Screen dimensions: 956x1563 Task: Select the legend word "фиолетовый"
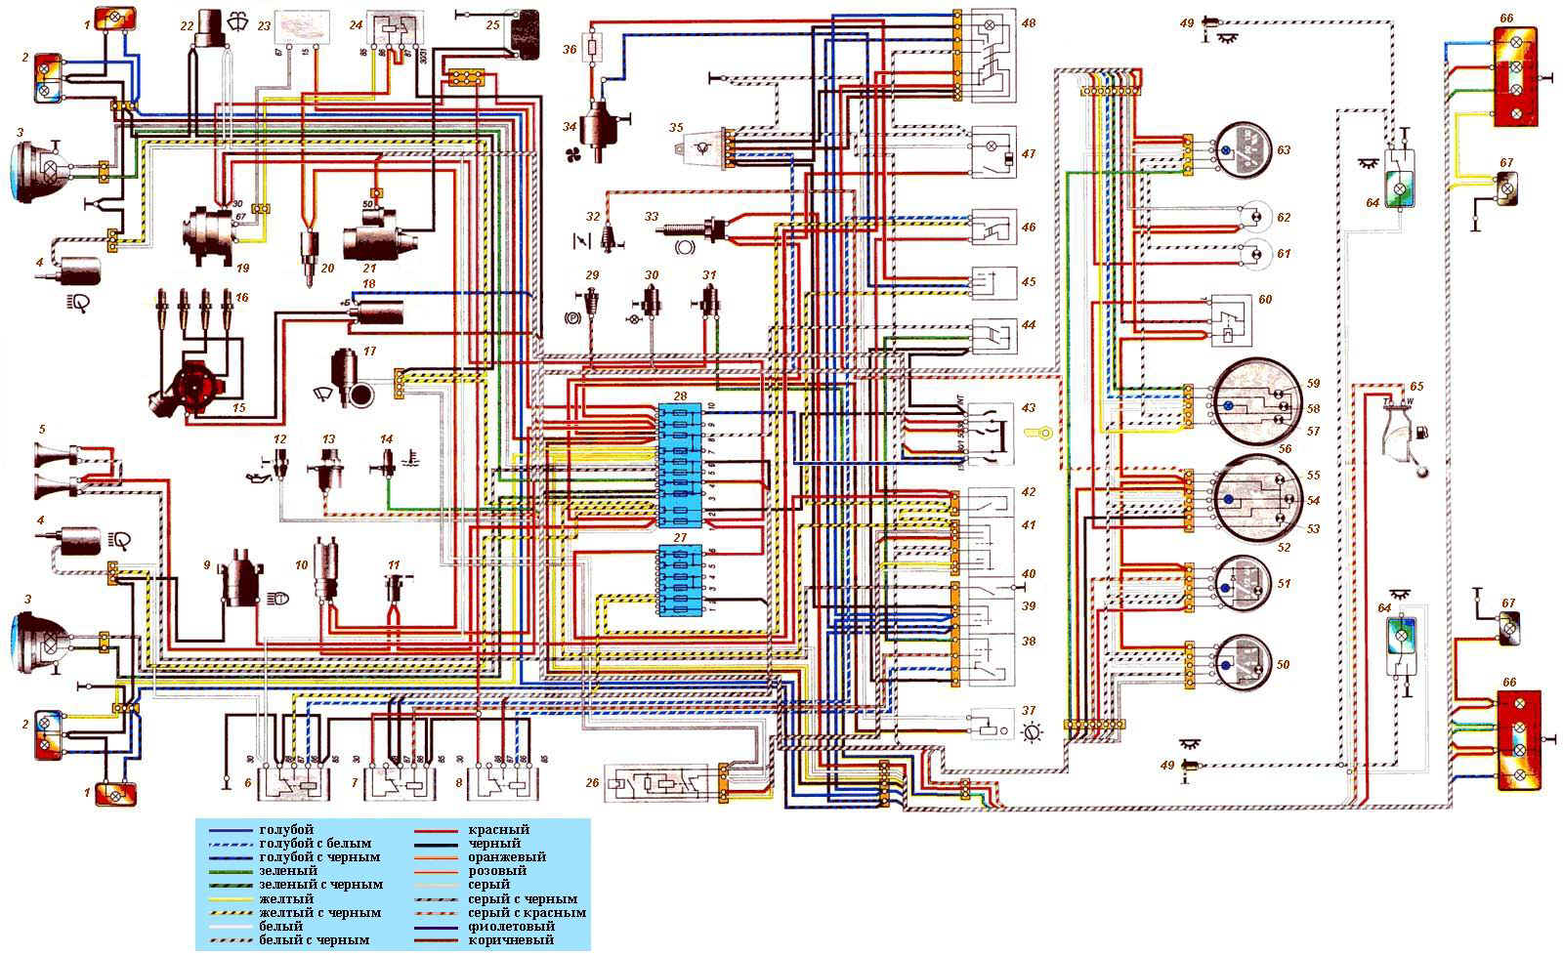pos(510,926)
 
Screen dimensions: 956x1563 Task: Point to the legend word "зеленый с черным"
pos(320,885)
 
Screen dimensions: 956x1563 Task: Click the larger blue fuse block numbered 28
pos(680,465)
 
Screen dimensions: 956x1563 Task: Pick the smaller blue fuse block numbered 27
pos(680,579)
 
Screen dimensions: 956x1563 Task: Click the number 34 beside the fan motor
pos(570,127)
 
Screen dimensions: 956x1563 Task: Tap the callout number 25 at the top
pos(493,24)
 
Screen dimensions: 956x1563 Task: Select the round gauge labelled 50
pos(1240,664)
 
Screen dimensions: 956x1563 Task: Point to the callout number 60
pos(1265,300)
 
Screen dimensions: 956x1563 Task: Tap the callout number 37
pos(1029,711)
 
